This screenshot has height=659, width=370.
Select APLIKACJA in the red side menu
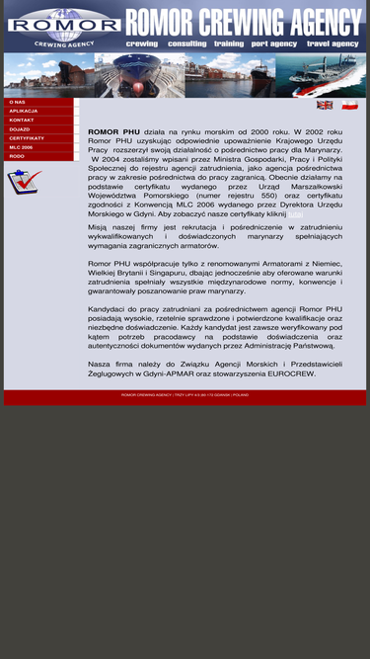click(x=24, y=111)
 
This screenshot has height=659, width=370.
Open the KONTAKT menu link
click(x=22, y=120)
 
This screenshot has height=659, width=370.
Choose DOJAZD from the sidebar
click(x=20, y=128)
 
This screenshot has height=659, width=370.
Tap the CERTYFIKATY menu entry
click(x=27, y=138)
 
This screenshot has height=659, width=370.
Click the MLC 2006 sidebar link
click(x=22, y=147)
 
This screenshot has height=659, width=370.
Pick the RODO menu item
click(x=17, y=156)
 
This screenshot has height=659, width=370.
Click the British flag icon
click(x=325, y=105)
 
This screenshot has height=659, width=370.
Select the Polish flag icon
click(x=349, y=105)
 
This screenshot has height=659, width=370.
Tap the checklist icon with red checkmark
click(x=24, y=181)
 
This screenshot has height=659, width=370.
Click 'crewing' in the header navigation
click(x=142, y=44)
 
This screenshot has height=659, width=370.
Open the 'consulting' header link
click(x=186, y=44)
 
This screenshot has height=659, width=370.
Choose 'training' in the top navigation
click(x=229, y=44)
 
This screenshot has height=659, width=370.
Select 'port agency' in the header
click(x=274, y=44)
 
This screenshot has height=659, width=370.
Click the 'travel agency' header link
click(x=333, y=44)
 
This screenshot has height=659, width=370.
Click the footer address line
click(x=185, y=394)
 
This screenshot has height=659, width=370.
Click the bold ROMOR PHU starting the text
click(x=113, y=131)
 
